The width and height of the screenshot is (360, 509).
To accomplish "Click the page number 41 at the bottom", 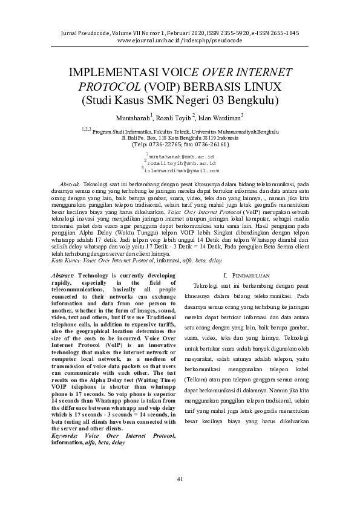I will tap(180, 479).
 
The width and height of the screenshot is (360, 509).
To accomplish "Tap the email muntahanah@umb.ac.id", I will tap(180, 156).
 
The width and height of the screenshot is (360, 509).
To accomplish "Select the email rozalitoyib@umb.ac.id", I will tap(180, 163).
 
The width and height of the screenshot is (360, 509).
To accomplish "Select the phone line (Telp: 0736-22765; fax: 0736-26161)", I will tap(180, 145).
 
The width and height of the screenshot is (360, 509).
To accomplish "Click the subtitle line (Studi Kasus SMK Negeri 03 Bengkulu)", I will tap(180, 100).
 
